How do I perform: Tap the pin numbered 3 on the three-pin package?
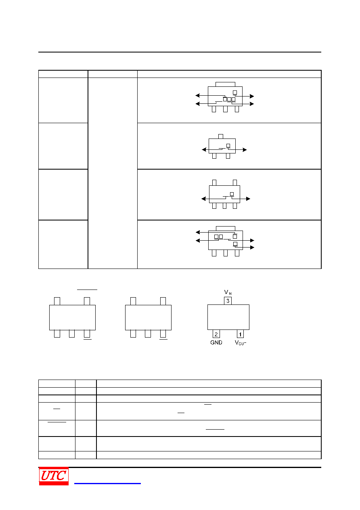tap(228, 301)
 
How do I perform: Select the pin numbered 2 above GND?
tap(216, 334)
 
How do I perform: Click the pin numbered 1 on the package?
tap(240, 334)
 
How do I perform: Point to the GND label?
tap(216, 342)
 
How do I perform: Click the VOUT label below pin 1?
tap(240, 343)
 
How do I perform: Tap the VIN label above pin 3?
tap(228, 292)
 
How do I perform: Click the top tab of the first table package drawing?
tap(225, 84)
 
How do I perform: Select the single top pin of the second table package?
tap(221, 136)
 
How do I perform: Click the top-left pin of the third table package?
tap(214, 183)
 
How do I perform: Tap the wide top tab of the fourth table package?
tap(226, 229)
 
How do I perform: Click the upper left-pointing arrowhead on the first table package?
tap(197, 95)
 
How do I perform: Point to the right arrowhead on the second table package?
tap(245, 150)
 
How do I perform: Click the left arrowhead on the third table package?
tap(204, 199)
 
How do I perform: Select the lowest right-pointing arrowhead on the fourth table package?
tap(252, 247)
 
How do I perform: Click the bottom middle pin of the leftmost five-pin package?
tap(72, 334)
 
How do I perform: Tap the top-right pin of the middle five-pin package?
tap(163, 301)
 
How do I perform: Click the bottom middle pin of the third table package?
tap(225, 206)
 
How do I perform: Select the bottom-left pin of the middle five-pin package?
tap(133, 334)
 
